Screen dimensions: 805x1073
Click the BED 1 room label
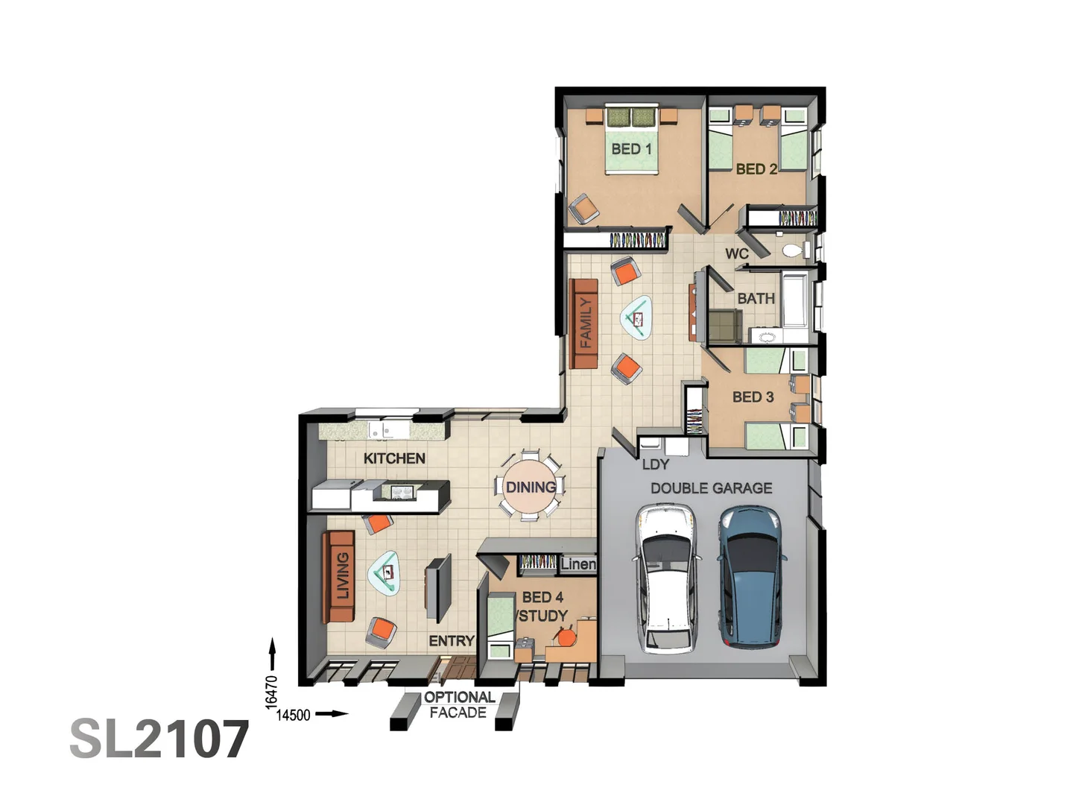631,149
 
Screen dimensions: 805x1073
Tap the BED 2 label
756,169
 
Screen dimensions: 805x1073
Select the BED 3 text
753,397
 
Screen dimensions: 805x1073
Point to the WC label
737,254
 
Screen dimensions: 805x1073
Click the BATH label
756,299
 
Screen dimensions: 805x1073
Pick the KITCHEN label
394,458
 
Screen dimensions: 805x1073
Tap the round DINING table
530,487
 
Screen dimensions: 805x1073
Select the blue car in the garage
750,575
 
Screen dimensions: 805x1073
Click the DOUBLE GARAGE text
711,488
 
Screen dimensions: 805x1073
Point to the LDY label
655,464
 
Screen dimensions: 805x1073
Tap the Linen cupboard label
578,564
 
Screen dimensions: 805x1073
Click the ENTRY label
451,641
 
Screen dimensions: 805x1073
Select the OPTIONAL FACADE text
458,705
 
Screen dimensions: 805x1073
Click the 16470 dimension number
271,691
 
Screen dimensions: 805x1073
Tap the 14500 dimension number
293,716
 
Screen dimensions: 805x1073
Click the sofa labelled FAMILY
584,323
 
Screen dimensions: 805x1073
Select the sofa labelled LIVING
339,576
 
